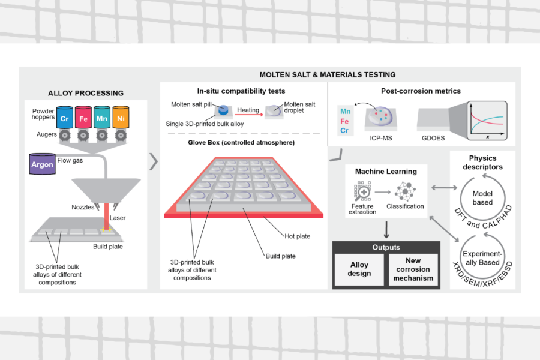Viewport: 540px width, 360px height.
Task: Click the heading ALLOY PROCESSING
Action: point(85,93)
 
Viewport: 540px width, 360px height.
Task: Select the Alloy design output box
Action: point(359,269)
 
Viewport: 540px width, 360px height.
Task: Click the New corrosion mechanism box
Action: point(413,269)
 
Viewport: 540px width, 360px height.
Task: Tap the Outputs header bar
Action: point(386,247)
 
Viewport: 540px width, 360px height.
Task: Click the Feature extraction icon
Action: point(363,193)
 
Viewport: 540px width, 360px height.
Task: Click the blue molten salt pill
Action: point(223,110)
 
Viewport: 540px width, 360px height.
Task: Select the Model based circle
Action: point(482,197)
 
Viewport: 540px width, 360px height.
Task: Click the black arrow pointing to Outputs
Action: point(386,230)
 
